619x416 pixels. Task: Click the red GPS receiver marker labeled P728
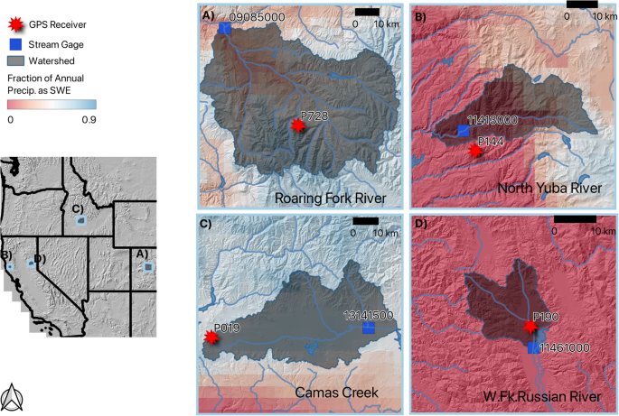[x=298, y=128]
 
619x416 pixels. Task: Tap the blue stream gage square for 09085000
[x=224, y=29]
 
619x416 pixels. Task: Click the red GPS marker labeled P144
[x=476, y=153]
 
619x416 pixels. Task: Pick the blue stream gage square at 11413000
[x=463, y=132]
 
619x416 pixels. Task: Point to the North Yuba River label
[x=549, y=188]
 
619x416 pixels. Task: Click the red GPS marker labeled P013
[x=211, y=337]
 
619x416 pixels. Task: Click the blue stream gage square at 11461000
[x=533, y=347]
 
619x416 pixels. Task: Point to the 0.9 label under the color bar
[x=89, y=118]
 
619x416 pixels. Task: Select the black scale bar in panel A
[x=366, y=11]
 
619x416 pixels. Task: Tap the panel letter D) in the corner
[x=420, y=223]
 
